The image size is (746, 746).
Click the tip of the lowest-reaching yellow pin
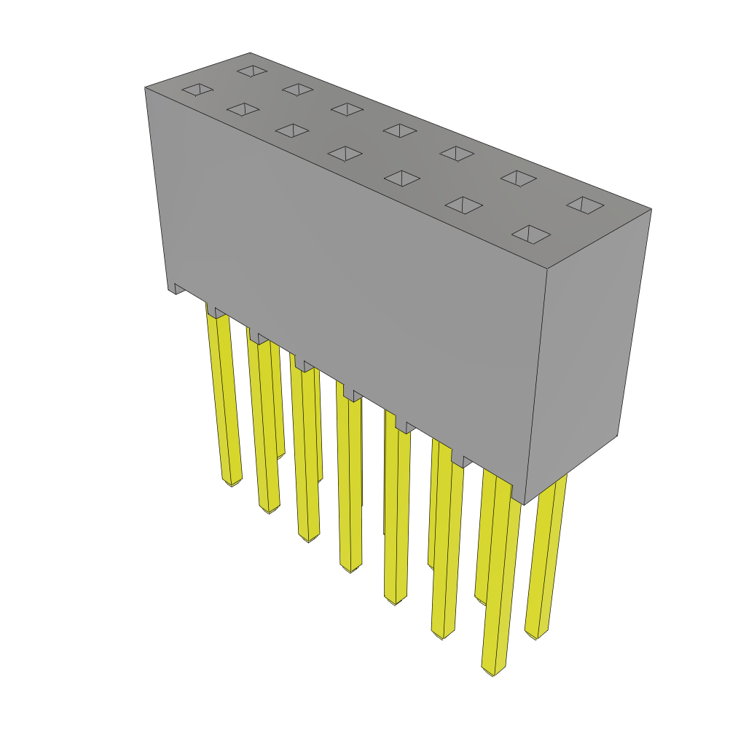coord(492,670)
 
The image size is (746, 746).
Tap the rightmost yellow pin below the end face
coord(546,554)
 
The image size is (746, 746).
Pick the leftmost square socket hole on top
coord(197,89)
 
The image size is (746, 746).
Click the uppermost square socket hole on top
coord(252,71)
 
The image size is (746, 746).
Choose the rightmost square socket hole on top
coord(585,205)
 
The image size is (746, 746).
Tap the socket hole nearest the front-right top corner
coord(530,234)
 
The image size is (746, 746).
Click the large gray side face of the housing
coord(350,277)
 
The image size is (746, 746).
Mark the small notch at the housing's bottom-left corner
coord(177,288)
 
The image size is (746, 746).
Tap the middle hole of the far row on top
coord(400,130)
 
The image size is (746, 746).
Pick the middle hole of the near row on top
coord(345,154)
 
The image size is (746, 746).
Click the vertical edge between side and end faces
coord(535,386)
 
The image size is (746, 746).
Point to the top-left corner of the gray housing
coord(146,87)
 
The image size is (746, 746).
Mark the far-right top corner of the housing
coord(651,209)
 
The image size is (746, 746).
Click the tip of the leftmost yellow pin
coord(231,482)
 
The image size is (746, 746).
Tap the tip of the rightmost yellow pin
coord(536,636)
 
